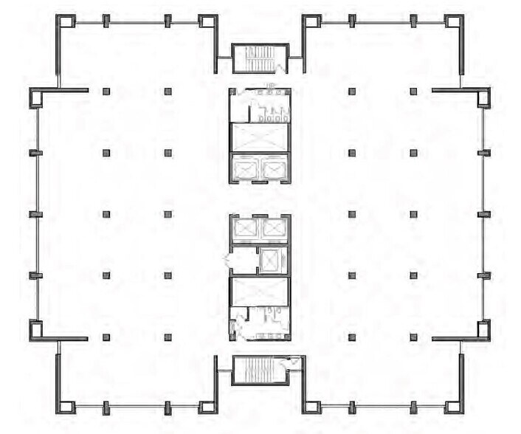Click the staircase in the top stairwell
(259, 59)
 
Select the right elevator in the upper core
(273, 170)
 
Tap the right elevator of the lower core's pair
(273, 229)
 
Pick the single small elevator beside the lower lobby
(272, 260)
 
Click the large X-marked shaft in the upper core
(259, 137)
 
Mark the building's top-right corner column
(455, 22)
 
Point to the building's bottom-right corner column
(455, 406)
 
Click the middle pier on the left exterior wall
(35, 214)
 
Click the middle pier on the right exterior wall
(484, 214)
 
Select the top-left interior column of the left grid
(106, 92)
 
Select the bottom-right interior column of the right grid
(413, 337)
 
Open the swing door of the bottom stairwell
(293, 362)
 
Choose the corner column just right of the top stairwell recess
(311, 22)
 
